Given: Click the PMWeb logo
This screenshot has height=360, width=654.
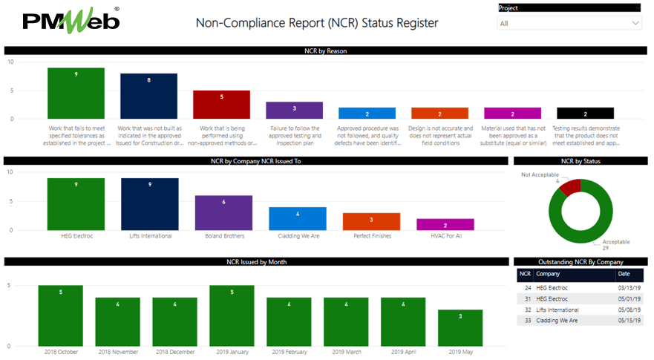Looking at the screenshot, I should [x=72, y=20].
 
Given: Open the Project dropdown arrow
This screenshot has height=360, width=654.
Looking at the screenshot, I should [x=635, y=23].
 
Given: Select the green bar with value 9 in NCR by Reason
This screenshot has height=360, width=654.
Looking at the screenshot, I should [x=76, y=93].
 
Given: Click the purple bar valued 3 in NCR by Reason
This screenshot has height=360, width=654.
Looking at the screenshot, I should [x=294, y=110].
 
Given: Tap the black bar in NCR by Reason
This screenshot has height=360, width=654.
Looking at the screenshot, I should [x=585, y=113].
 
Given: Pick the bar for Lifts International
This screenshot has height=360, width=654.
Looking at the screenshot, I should [x=149, y=204].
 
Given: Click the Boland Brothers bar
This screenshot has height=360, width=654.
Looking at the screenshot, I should [x=223, y=212].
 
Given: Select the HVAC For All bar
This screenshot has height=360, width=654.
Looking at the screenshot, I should [x=445, y=224].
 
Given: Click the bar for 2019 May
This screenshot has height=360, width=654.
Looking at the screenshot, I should [x=460, y=327].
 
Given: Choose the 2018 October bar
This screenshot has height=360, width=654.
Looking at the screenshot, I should [x=60, y=315].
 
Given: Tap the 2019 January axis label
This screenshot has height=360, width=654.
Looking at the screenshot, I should [x=232, y=351].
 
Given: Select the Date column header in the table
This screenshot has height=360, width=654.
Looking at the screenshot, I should [x=624, y=274].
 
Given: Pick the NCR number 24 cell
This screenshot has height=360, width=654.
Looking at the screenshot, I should [x=527, y=287].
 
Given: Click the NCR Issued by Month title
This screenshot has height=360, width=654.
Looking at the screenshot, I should [x=256, y=262].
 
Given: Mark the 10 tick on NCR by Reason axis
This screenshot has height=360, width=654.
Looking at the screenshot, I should [x=10, y=62].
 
